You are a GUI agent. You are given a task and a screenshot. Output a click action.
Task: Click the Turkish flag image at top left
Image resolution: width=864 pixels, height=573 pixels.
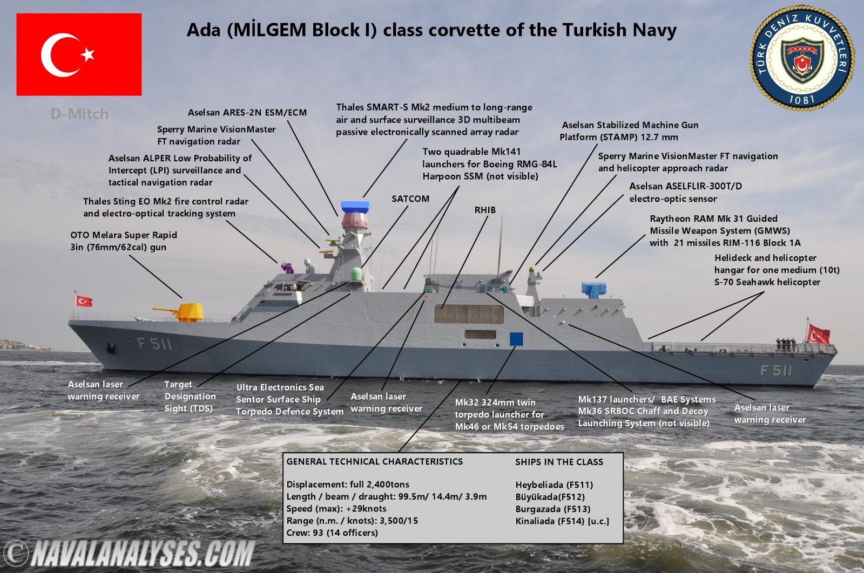tap(79, 54)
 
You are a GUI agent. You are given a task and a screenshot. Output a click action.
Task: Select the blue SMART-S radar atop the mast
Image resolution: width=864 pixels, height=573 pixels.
tap(355, 207)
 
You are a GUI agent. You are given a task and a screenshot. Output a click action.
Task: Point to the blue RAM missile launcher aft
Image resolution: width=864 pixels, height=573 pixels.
tap(593, 289)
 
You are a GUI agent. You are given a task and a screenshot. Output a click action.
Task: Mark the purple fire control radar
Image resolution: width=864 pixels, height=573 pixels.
tap(286, 265)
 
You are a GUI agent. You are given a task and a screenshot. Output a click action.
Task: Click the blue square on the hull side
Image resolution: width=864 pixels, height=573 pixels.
tap(516, 339)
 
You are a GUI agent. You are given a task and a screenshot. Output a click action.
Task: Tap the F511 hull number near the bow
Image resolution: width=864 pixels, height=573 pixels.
tap(154, 343)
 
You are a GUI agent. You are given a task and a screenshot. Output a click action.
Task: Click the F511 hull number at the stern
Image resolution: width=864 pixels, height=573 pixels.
tap(776, 370)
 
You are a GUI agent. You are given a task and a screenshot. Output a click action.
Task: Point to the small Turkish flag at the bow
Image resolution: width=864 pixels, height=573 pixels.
tap(84, 301)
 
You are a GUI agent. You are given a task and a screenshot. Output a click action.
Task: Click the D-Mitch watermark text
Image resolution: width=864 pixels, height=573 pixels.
tap(79, 114)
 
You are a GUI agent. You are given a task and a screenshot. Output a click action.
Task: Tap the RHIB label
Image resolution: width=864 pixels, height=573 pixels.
tap(485, 210)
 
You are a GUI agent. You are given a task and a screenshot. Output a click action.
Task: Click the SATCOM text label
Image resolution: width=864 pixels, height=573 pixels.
tap(410, 199)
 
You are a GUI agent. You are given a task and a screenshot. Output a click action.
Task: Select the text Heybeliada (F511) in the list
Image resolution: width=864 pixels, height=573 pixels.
tap(554, 485)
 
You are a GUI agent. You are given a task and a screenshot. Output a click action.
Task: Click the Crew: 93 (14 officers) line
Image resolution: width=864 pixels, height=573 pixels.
tap(332, 533)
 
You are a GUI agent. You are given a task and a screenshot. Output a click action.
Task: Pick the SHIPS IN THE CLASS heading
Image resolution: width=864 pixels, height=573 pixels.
tap(559, 462)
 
